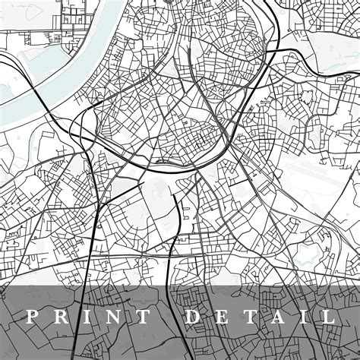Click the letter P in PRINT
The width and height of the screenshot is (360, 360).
click(31, 317)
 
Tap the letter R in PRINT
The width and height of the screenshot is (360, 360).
click(63, 317)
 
